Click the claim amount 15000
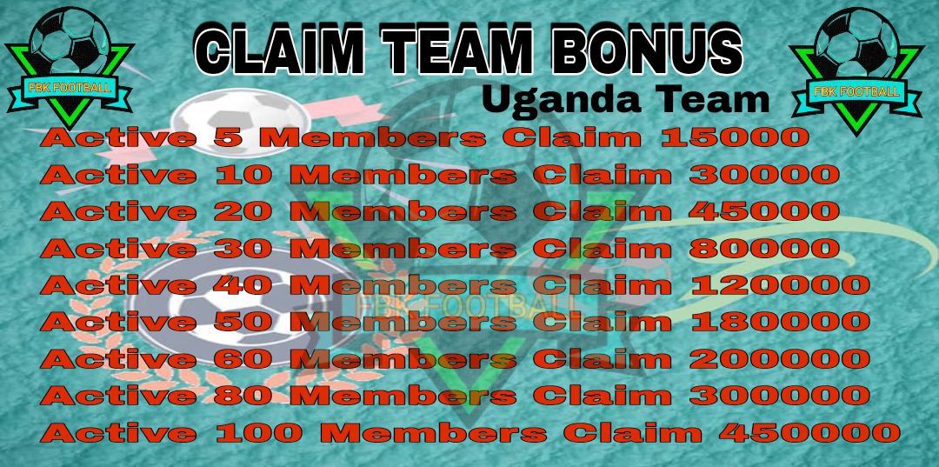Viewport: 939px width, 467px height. coord(736,138)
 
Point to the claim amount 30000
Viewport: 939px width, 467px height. coord(764,175)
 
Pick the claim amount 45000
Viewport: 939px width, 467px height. coord(764,211)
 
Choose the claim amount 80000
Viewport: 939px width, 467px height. coord(764,248)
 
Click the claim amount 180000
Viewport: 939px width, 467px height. coord(780,322)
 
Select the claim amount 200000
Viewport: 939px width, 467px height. coord(779,359)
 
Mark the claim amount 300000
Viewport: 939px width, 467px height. coord(779,396)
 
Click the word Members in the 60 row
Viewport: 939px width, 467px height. coord(407,359)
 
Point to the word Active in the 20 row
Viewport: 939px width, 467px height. coord(118,211)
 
